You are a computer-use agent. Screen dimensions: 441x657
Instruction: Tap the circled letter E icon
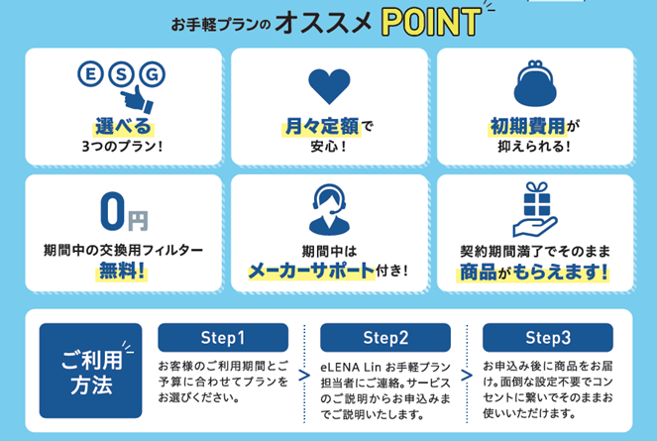coord(90,74)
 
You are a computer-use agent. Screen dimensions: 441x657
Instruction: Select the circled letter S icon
coord(121,74)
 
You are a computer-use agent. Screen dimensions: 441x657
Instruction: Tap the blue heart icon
coord(329,87)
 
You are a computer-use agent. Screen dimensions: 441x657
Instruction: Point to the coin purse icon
coord(536,85)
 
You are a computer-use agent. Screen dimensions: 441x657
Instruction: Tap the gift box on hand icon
coord(535,208)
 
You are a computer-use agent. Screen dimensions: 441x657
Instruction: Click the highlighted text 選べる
coord(123,127)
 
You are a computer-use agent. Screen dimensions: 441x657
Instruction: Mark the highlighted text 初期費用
coord(525,127)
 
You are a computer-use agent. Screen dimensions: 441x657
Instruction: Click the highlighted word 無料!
coord(123,270)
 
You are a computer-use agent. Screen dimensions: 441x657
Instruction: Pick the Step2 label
coord(384,336)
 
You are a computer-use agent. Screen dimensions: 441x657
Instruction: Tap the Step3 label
coord(547,336)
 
